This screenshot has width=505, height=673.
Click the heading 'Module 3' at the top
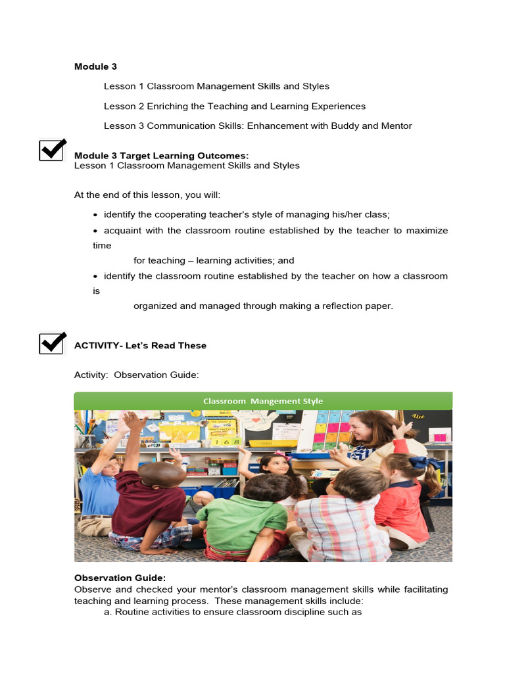pos(95,66)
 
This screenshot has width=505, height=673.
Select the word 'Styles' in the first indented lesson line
pos(316,86)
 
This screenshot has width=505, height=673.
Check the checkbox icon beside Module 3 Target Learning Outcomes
pos(53,150)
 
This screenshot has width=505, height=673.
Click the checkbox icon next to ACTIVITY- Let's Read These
pos(53,342)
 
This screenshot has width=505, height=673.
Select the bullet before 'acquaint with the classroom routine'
pos(96,231)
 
